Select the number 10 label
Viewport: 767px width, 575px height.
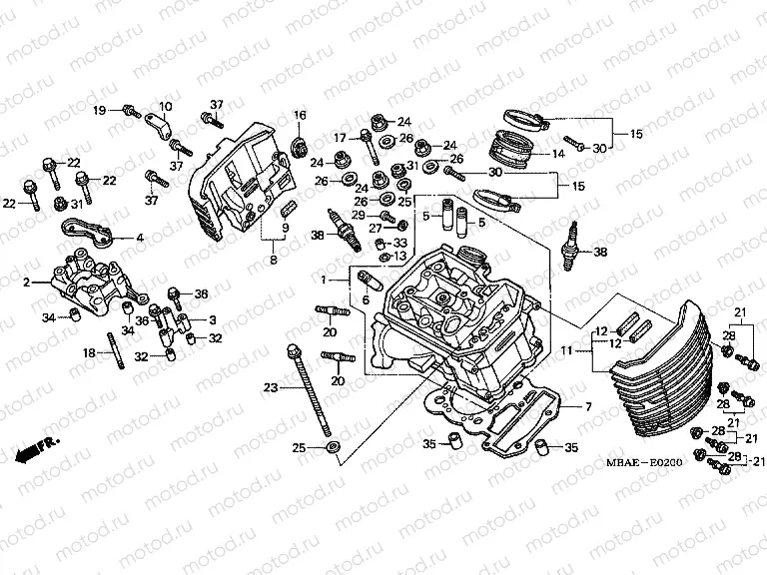[x=165, y=107]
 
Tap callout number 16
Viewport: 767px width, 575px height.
[x=299, y=117]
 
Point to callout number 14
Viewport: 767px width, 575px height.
[x=558, y=154]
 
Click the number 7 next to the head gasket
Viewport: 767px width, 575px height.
[x=588, y=407]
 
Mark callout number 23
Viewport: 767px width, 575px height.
[x=269, y=387]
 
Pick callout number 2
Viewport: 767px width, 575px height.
[x=28, y=283]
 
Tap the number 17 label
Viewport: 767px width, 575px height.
[x=340, y=138]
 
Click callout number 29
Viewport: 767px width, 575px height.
[x=358, y=215]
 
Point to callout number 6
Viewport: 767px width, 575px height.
[x=366, y=301]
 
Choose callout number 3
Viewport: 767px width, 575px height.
[x=212, y=319]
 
